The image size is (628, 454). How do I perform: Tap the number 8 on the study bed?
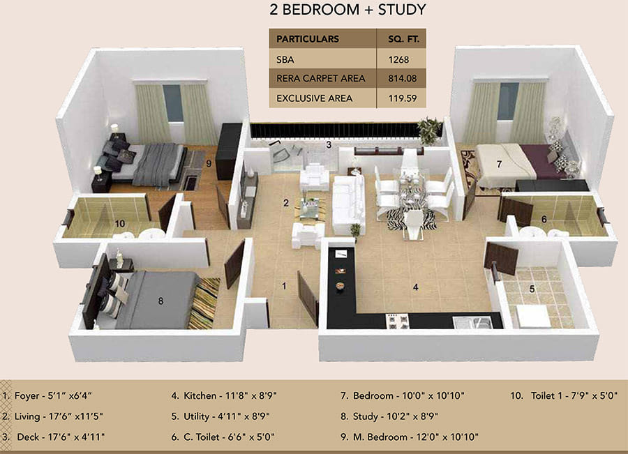click(x=160, y=301)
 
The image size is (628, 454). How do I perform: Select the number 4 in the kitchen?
click(x=415, y=286)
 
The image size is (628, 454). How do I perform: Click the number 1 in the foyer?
click(x=284, y=285)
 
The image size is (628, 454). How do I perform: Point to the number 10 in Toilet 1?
click(x=120, y=223)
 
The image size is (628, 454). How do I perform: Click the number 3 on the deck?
click(x=328, y=145)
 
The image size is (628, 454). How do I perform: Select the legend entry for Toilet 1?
click(x=564, y=396)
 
